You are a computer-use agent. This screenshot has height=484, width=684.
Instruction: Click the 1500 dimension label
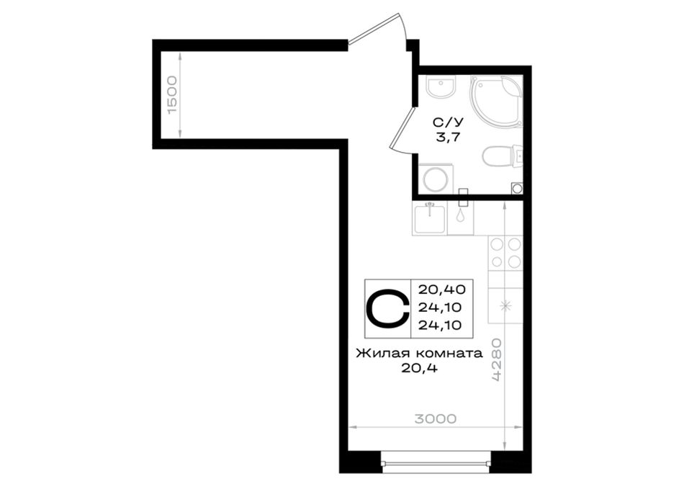tap(173, 94)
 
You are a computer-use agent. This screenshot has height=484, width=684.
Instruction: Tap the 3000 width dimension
tap(436, 419)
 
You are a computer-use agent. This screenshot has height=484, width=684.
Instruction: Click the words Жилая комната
tap(420, 353)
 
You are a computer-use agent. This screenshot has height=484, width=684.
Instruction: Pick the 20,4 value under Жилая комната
tap(420, 369)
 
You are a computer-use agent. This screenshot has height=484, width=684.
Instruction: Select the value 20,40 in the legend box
tap(442, 289)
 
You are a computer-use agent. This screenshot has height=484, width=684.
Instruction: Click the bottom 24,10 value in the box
tap(440, 325)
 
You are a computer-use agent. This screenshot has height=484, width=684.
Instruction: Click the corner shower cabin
tap(496, 100)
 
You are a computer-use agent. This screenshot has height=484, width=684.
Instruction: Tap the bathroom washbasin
tap(441, 86)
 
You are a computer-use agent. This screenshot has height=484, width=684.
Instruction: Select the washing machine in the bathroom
tap(436, 179)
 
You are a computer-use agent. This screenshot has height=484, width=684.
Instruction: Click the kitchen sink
tap(430, 218)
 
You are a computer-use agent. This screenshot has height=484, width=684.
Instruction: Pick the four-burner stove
tap(505, 252)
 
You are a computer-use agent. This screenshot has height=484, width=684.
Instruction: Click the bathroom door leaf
tap(401, 128)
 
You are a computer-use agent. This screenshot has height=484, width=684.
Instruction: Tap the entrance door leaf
tap(378, 27)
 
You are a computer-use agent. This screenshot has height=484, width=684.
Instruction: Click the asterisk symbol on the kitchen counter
tap(506, 306)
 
